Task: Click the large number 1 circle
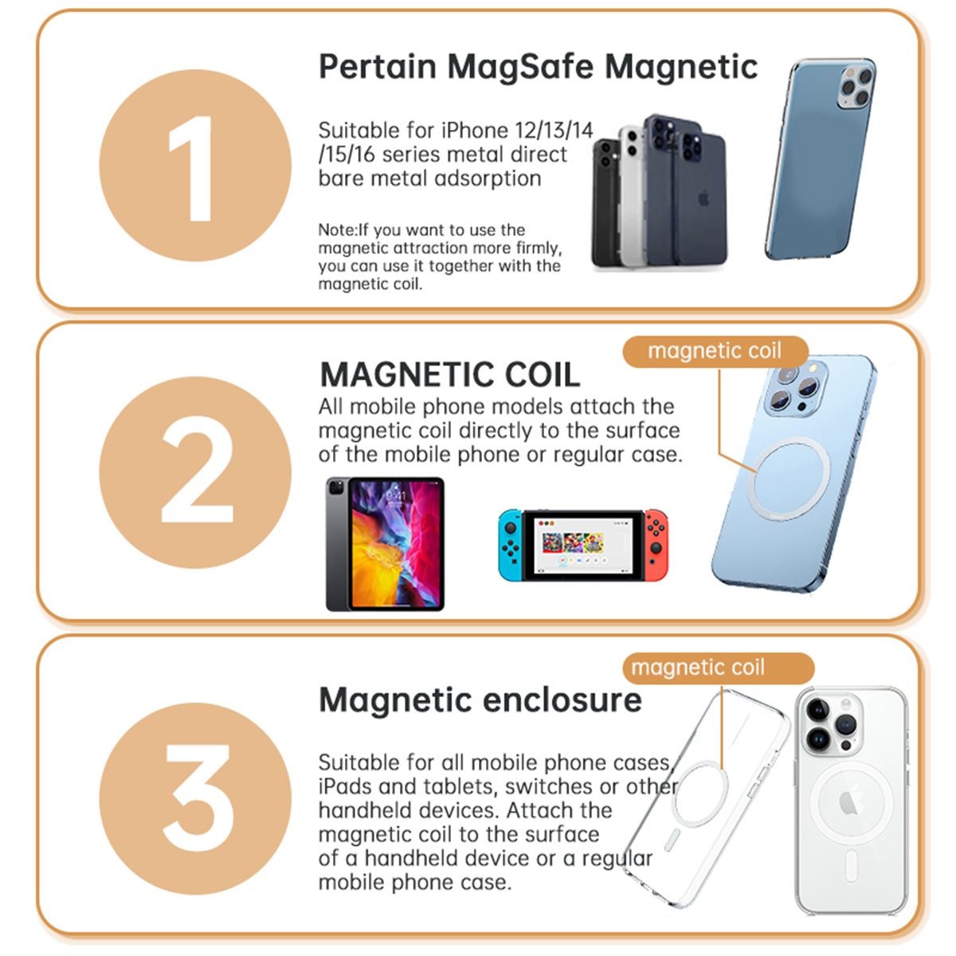tap(195, 166)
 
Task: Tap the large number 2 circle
tap(195, 472)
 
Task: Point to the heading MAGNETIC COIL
tap(449, 374)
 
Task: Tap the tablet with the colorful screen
tap(385, 544)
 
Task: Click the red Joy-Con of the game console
tap(656, 544)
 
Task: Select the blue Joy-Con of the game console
tap(510, 545)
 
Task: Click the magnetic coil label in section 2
tap(715, 351)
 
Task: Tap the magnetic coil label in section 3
tap(698, 668)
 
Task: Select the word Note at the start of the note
tap(335, 230)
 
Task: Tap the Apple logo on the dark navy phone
tap(703, 198)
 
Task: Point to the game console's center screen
tap(583, 544)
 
